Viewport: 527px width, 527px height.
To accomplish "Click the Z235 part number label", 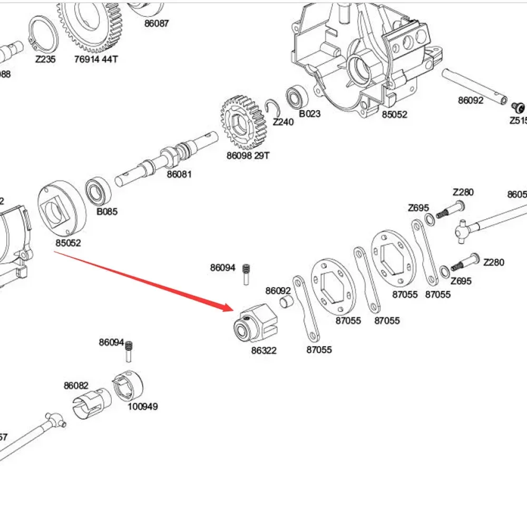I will [x=45, y=60].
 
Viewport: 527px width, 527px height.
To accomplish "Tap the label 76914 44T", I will [x=96, y=60].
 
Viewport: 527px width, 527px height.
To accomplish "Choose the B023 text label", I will [x=309, y=114].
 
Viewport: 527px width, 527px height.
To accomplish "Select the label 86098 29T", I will [x=248, y=156].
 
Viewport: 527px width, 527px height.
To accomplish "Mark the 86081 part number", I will [x=179, y=174].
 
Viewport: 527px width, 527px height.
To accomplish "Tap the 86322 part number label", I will [x=263, y=350].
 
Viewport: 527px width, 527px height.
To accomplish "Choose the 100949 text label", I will [x=142, y=407].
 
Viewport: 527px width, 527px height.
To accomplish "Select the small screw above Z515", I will [x=519, y=108].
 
